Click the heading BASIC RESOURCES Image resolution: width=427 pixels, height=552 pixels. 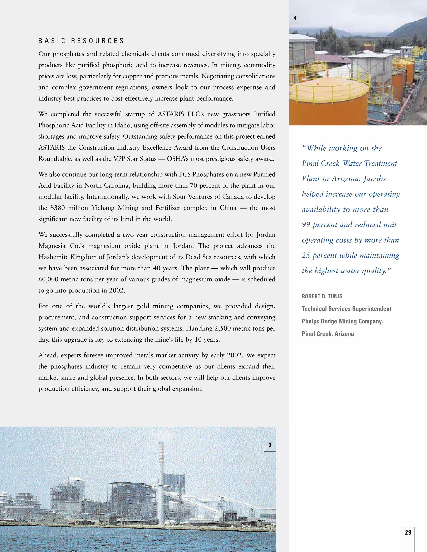81,41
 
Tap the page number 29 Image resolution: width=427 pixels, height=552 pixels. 408,532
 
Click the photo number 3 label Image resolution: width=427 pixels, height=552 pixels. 270,445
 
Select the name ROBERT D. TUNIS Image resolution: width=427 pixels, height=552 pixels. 322,296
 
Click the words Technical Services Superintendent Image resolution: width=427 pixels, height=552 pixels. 346,309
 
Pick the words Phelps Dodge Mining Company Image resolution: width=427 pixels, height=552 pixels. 342,321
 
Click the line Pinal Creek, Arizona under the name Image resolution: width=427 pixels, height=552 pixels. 328,334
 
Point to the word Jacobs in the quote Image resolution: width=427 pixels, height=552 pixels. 375,179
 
